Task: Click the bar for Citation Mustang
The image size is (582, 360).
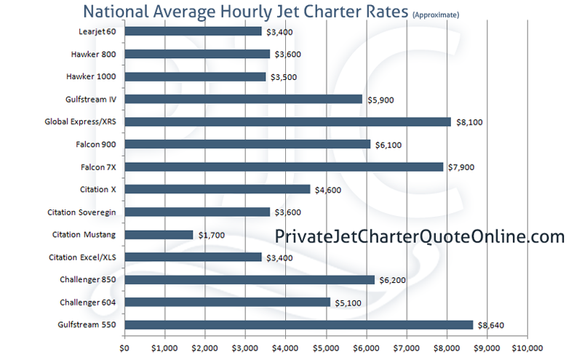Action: click(x=159, y=234)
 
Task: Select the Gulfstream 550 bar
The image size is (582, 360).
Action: click(x=298, y=324)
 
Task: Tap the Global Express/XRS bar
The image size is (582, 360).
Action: click(x=287, y=121)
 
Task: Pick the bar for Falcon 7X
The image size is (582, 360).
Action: click(x=284, y=167)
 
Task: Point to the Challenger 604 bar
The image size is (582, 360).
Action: click(x=227, y=302)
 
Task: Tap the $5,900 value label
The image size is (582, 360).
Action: click(x=379, y=100)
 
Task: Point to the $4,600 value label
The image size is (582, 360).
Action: click(x=327, y=190)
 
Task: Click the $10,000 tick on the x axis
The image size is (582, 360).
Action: click(x=526, y=347)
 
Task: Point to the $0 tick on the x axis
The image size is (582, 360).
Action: click(x=124, y=347)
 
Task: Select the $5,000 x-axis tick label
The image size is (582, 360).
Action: click(x=325, y=347)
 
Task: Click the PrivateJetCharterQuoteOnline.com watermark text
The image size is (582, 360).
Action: click(x=420, y=236)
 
